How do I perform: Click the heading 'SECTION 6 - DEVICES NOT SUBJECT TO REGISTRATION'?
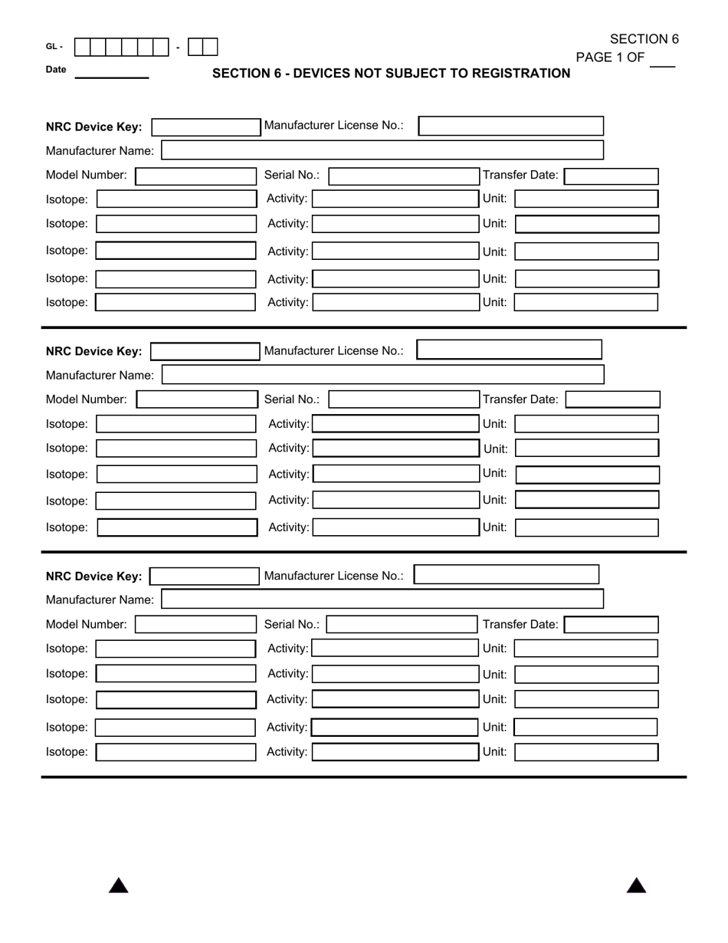(391, 74)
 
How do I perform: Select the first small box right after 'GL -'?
(82, 47)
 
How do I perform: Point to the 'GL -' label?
(54, 47)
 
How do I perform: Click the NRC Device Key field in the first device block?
(205, 127)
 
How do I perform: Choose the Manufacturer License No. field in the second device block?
(509, 350)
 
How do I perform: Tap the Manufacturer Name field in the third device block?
(382, 599)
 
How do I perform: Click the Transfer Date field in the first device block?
(611, 176)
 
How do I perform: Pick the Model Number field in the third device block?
(195, 625)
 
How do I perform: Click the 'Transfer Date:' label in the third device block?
(520, 625)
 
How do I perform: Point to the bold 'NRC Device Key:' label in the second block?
(93, 352)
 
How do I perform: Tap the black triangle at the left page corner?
(118, 886)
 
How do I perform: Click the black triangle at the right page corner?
(636, 886)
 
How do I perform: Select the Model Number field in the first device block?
(195, 176)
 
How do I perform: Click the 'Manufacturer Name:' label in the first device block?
(100, 151)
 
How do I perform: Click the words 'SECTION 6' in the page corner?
(644, 39)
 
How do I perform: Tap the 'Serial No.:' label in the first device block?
(291, 175)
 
